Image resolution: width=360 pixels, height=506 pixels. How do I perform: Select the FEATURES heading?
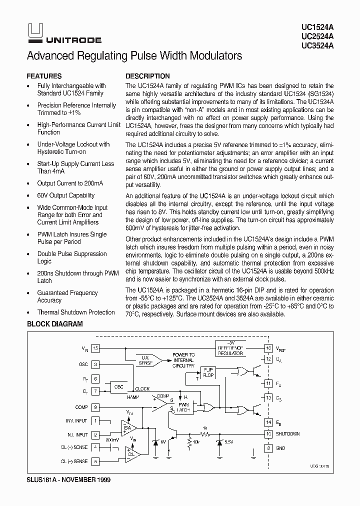tap(44, 76)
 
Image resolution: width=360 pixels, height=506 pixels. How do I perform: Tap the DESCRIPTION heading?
tap(147, 76)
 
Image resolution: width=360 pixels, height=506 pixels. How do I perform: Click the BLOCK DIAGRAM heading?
tap(54, 324)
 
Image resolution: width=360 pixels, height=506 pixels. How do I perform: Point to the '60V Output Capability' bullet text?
tap(65, 195)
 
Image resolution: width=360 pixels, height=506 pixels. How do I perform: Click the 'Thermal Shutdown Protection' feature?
tap(76, 312)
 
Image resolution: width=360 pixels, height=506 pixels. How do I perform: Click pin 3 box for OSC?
tap(95, 365)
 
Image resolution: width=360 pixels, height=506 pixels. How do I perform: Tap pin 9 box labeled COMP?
tap(95, 407)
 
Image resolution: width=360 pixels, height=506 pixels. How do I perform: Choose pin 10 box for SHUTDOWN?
tap(268, 434)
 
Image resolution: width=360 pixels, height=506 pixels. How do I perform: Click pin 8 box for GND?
tap(268, 448)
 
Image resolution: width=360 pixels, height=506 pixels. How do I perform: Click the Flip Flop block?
tap(207, 372)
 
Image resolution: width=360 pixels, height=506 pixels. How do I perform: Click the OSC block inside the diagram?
tap(119, 387)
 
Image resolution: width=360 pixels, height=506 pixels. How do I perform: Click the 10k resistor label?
tap(196, 442)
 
